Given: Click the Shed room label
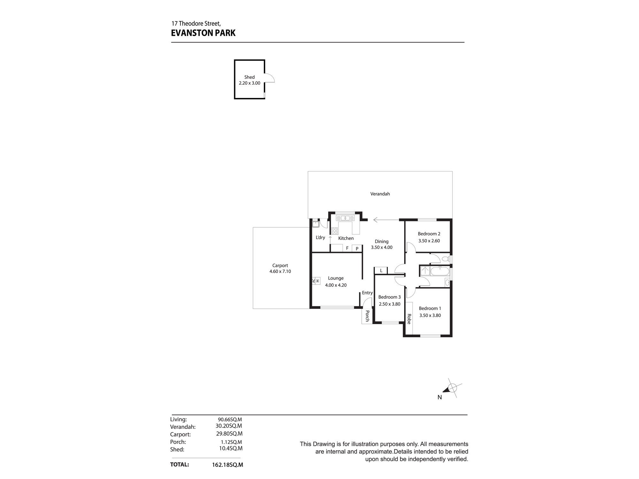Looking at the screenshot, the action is [250, 77].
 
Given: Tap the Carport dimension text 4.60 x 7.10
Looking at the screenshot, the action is [280, 271].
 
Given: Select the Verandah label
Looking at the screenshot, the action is [380, 194].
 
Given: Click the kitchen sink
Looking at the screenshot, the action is [345, 218].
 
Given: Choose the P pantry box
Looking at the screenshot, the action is [357, 248].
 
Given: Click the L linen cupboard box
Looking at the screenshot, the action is [381, 270].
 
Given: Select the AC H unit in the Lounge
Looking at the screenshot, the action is [316, 281].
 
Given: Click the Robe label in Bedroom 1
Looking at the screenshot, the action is [409, 319].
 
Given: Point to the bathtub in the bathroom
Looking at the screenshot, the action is [440, 271].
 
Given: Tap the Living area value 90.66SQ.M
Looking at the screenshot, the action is [230, 419].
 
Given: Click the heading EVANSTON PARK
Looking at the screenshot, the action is [203, 33].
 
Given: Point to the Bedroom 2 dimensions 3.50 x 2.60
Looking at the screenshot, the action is [429, 241].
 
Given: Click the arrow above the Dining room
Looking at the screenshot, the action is [386, 220].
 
